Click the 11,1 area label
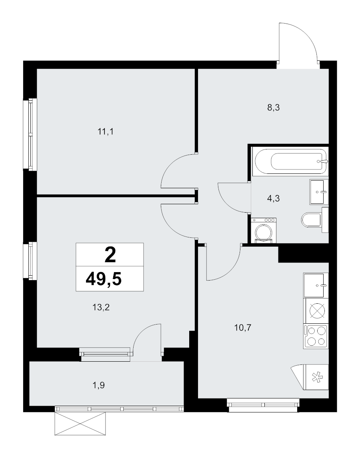tap(105, 132)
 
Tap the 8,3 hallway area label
tap(273, 108)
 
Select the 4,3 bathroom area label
tap(273, 199)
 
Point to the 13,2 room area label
tap(101, 307)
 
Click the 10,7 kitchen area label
tap(243, 328)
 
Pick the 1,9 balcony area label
tap(98, 386)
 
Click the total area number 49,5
tap(104, 279)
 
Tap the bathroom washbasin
tap(319, 192)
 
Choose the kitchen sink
tap(316, 285)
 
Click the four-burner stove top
tap(316, 336)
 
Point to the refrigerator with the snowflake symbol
tap(316, 377)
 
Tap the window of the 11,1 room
tap(30, 134)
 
